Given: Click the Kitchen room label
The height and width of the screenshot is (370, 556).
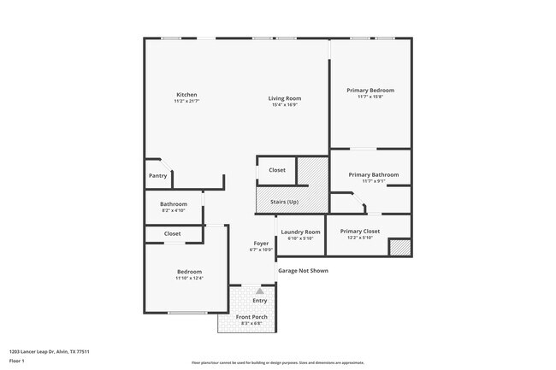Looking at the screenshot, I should click(x=186, y=95).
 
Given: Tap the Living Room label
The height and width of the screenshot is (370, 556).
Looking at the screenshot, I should click(x=287, y=98).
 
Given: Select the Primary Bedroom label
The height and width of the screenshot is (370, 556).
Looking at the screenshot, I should click(x=370, y=90).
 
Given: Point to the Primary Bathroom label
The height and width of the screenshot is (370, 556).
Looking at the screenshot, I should click(x=373, y=174).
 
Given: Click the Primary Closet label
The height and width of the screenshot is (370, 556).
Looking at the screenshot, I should click(x=359, y=232).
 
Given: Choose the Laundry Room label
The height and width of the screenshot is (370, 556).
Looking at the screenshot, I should click(x=300, y=232).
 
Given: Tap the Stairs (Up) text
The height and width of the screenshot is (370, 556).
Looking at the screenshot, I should click(x=284, y=202).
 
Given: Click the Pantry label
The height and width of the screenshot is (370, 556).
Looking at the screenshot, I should click(x=157, y=176).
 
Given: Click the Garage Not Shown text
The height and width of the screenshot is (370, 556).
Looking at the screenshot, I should click(x=302, y=271).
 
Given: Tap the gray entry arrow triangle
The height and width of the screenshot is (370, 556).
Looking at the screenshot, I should click(x=260, y=291).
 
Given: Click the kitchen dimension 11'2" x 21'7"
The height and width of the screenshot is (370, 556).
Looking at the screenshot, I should click(x=186, y=102).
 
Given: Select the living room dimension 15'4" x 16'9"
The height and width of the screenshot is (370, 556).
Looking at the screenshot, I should click(x=287, y=105).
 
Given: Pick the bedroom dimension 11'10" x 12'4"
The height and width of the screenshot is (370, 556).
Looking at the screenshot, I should click(x=189, y=278).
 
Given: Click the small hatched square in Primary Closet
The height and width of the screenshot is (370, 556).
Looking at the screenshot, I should click(x=399, y=247).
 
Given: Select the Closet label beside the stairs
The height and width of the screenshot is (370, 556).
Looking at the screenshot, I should click(x=276, y=170).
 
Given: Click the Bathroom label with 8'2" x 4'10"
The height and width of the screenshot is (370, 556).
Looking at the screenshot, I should click(x=174, y=203).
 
